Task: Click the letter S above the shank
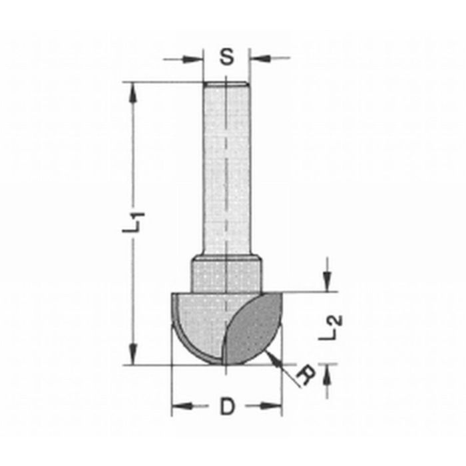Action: (x=227, y=58)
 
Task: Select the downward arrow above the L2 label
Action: (x=326, y=284)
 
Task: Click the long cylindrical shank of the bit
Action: (x=226, y=166)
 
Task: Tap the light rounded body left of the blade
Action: (x=200, y=320)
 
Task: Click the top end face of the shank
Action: (x=226, y=83)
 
